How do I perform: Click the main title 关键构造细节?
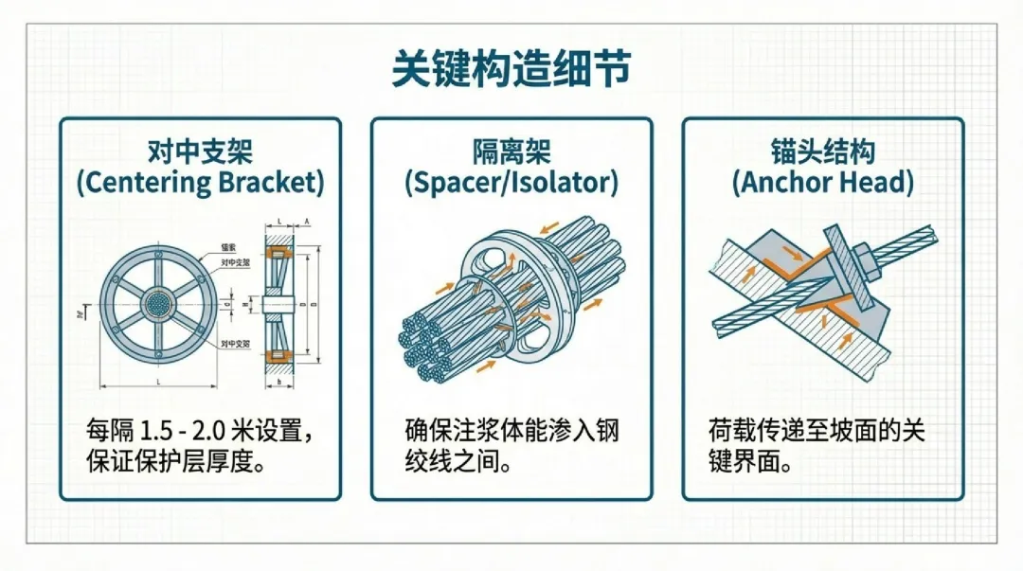[511, 69]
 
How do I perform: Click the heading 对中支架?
[200, 151]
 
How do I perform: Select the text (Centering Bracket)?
[200, 182]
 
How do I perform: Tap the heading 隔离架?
[511, 151]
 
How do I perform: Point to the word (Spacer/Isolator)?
[511, 182]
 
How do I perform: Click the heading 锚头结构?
[822, 151]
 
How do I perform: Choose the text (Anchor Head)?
[822, 182]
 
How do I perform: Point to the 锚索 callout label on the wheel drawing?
[227, 247]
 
